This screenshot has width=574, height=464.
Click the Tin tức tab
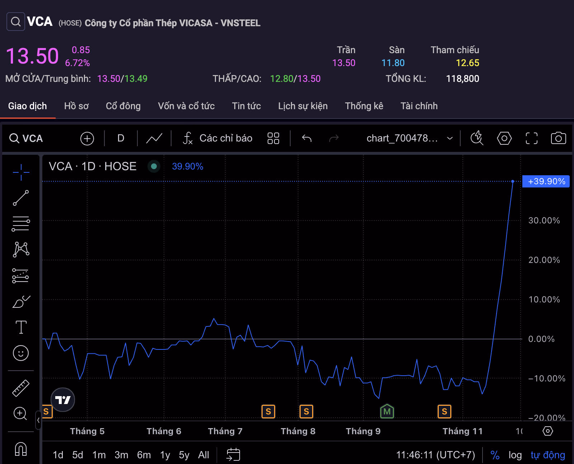(x=246, y=106)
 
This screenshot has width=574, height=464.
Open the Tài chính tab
(x=419, y=106)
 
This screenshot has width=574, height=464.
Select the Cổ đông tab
(x=123, y=106)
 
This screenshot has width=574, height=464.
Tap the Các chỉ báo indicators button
(x=218, y=138)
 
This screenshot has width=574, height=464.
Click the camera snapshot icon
(x=558, y=138)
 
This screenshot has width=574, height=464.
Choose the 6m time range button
(x=144, y=455)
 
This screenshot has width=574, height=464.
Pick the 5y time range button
(x=184, y=455)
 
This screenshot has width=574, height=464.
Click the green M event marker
(x=387, y=412)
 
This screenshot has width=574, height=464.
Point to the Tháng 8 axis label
(x=298, y=431)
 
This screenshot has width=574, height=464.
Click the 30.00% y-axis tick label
(x=544, y=221)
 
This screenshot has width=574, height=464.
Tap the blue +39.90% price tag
(x=546, y=181)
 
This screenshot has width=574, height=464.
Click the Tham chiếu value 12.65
(x=467, y=63)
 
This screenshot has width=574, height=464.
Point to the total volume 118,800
(x=462, y=79)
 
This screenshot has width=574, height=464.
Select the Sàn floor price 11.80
(x=393, y=63)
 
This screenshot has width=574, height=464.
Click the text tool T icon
(x=21, y=327)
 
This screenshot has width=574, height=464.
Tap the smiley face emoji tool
(x=21, y=353)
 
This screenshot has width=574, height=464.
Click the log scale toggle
(x=515, y=455)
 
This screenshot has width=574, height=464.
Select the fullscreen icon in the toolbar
(x=531, y=138)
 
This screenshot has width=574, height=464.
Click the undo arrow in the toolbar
(x=307, y=138)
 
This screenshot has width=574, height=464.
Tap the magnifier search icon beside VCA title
(x=16, y=22)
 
